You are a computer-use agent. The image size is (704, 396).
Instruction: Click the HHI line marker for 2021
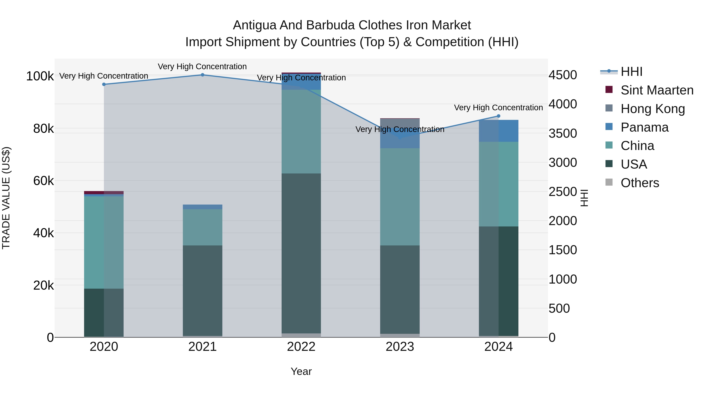tap(203, 75)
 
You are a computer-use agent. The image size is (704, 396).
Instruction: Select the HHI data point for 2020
tap(104, 84)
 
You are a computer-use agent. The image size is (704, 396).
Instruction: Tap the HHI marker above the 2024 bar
tap(498, 116)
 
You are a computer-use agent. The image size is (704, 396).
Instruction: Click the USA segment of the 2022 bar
tap(301, 253)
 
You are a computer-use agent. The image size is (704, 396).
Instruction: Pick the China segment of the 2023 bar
tap(400, 197)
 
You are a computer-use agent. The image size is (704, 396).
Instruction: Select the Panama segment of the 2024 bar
tap(498, 131)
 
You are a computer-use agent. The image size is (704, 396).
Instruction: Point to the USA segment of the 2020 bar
tap(104, 313)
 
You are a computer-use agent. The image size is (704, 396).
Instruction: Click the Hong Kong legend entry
tap(653, 109)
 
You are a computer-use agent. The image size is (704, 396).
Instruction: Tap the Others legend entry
tap(639, 183)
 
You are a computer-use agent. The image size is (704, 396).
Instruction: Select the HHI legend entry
tap(631, 72)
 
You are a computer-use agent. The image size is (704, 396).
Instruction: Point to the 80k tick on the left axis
tap(43, 128)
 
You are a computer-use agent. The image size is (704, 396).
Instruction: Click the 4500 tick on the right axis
tap(563, 75)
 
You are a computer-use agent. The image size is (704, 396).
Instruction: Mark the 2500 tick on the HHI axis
tap(563, 192)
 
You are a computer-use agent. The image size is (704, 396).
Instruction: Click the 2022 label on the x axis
tap(301, 347)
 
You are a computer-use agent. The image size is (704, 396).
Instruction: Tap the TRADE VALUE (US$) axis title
tap(6, 198)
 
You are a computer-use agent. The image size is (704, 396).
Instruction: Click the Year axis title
tap(301, 371)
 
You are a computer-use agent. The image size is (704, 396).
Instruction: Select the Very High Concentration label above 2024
tap(498, 108)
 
